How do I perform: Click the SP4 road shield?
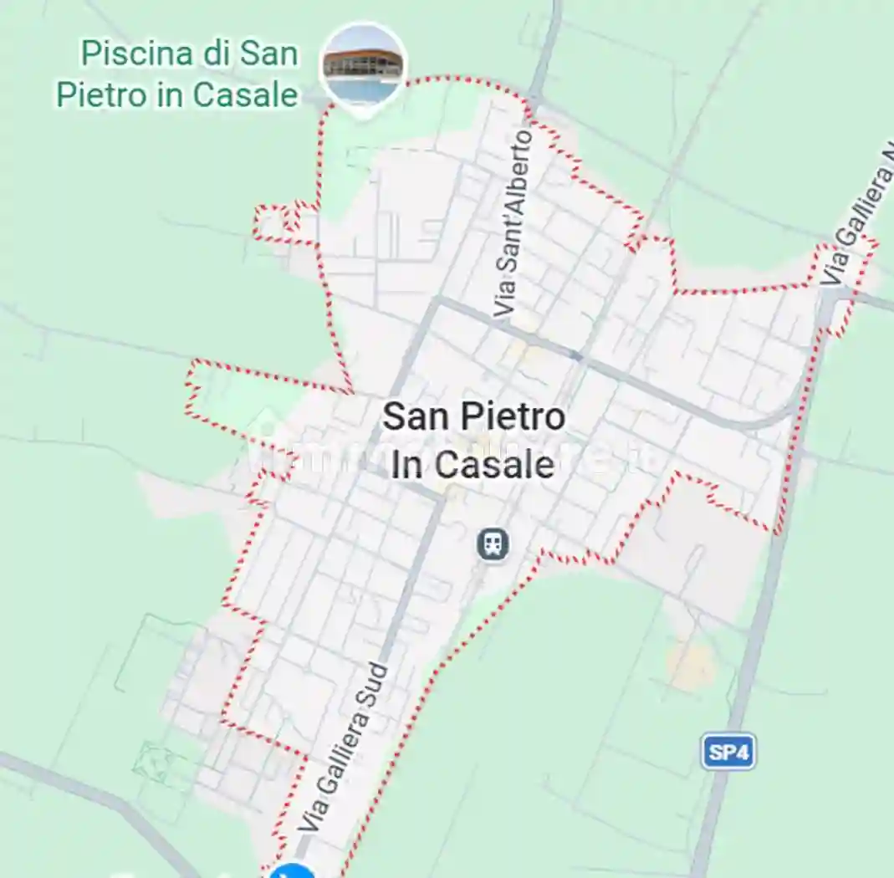[x=728, y=753]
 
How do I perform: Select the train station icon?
[x=493, y=545]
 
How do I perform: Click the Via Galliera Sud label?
[x=345, y=747]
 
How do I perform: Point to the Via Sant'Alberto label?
[x=514, y=224]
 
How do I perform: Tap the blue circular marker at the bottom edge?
[x=293, y=871]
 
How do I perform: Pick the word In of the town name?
[x=406, y=465]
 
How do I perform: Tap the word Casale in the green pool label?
[x=245, y=94]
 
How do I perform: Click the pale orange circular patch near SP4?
[x=692, y=666]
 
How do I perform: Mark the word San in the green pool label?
[x=268, y=54]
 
